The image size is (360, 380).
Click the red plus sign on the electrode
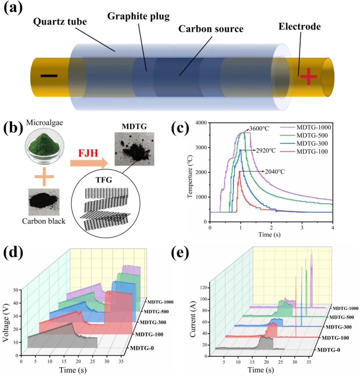coord(308,76)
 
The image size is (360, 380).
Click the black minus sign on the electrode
coord(49,76)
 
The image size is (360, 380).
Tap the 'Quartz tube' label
coord(60,22)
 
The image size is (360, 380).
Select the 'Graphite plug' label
coord(138,16)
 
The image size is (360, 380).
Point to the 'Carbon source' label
coord(211,29)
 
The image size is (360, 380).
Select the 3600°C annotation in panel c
coord(259,128)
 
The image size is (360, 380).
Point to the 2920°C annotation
coord(266,150)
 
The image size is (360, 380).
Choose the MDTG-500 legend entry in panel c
coord(312,135)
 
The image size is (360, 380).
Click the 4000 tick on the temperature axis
coord(200,123)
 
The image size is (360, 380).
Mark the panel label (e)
coord(180,253)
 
